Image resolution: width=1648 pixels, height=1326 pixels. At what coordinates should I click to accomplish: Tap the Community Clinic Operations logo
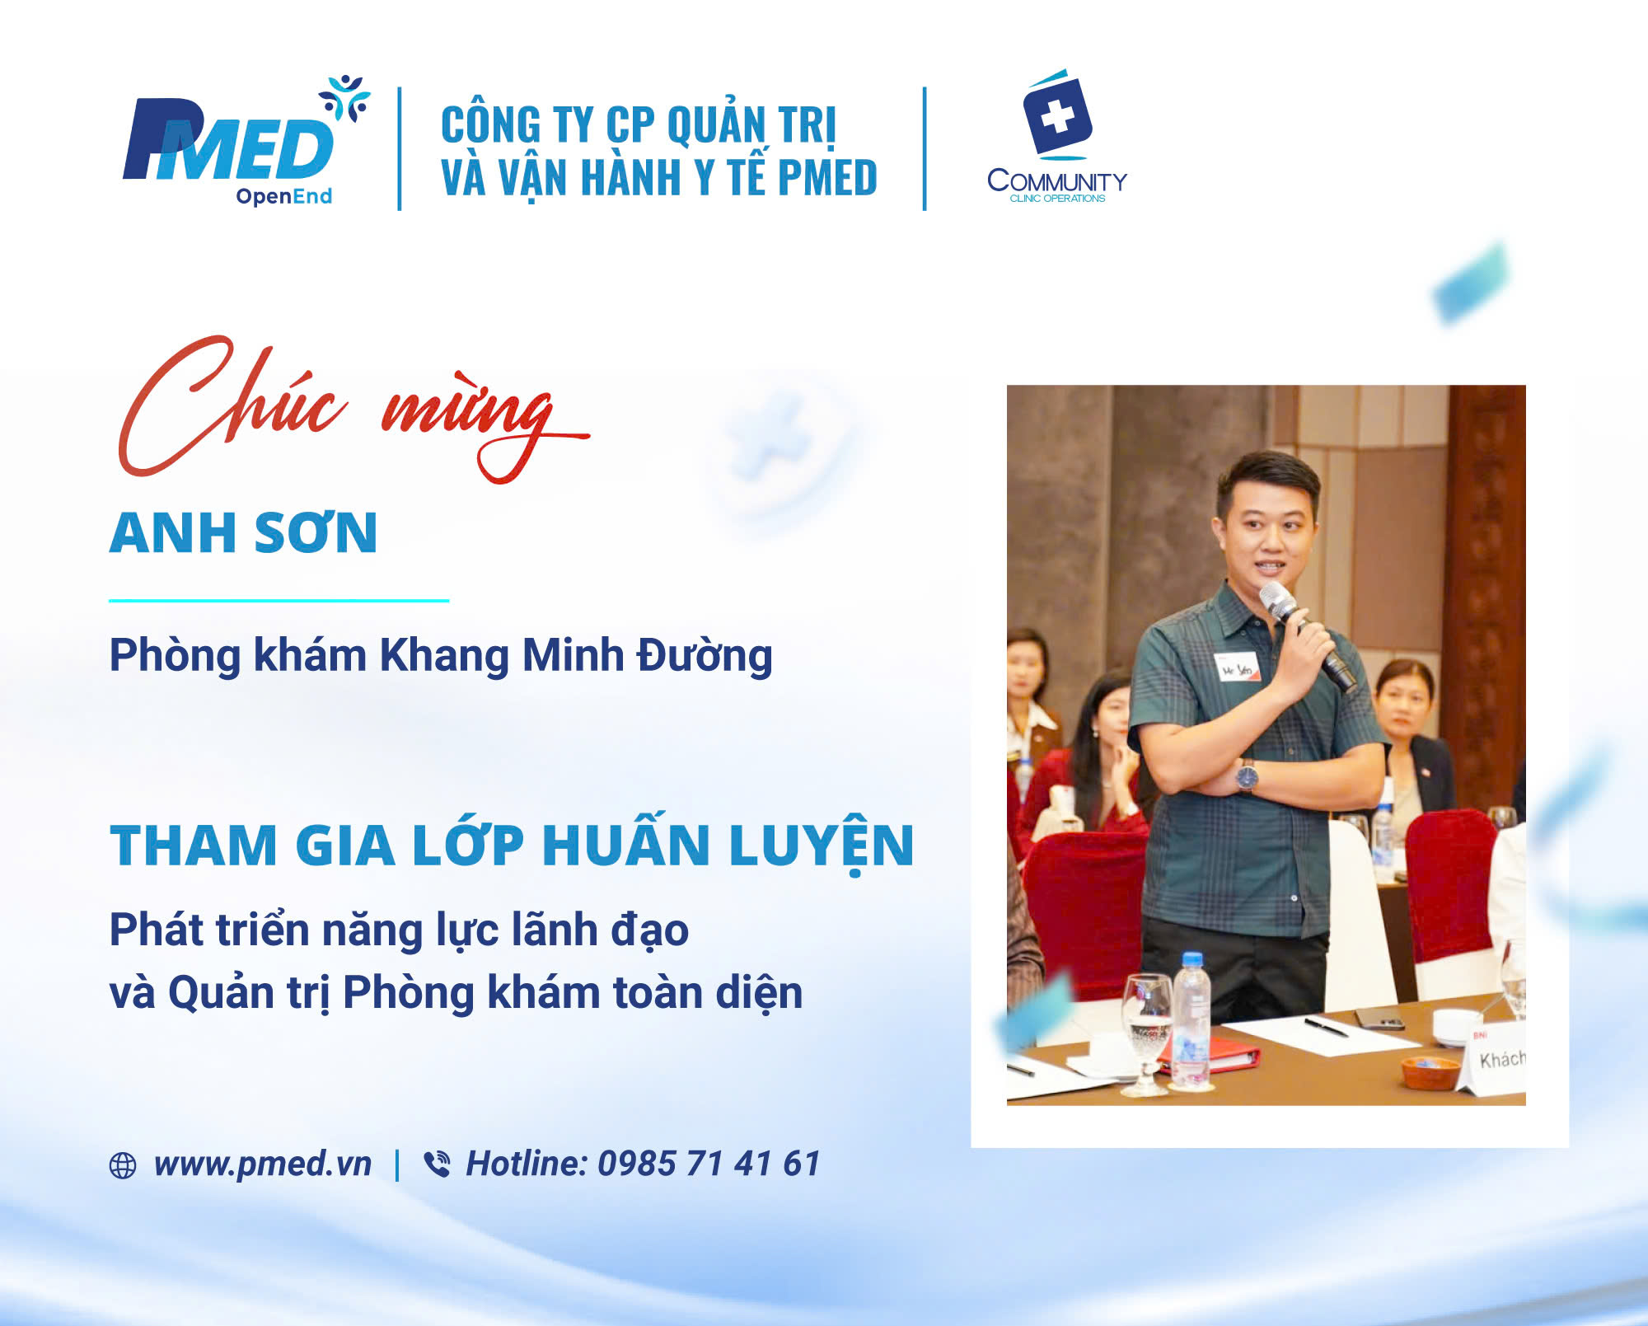(x=1057, y=136)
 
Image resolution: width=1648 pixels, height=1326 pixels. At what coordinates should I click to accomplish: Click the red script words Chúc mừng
(x=353, y=409)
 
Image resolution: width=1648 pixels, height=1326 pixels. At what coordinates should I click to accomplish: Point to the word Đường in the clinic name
(x=705, y=656)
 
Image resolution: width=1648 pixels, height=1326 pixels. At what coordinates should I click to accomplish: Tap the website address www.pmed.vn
(x=263, y=1164)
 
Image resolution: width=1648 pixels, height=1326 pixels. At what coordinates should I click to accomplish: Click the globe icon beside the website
(x=123, y=1165)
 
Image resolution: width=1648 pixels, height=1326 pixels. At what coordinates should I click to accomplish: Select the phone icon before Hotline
(x=437, y=1164)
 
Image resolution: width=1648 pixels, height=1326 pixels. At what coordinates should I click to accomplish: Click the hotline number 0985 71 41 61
(x=709, y=1164)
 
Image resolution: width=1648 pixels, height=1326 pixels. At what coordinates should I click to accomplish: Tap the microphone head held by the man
(x=1276, y=599)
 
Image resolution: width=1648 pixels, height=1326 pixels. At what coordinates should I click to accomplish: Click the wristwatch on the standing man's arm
(x=1247, y=775)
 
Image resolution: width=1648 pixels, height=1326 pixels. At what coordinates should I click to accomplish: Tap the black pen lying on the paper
(x=1326, y=1027)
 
